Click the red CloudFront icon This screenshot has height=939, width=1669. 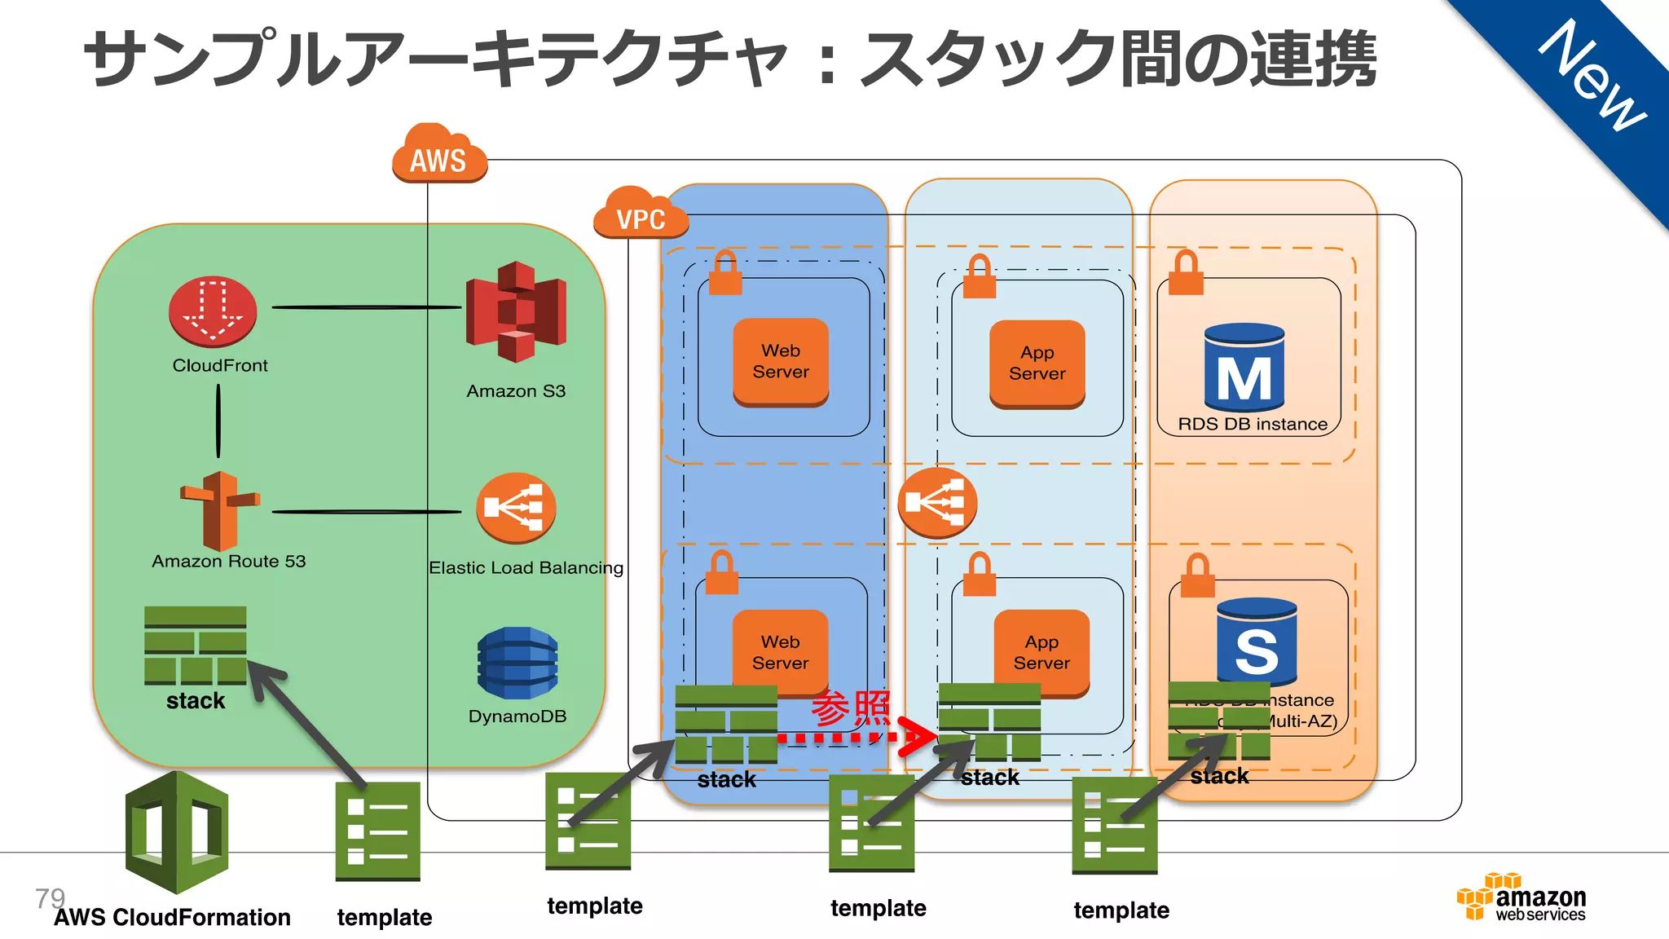coord(213,312)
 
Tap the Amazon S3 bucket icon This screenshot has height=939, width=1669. coord(516,312)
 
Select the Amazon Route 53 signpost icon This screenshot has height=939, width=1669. coord(219,511)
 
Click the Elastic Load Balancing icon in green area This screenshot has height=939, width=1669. coord(516,508)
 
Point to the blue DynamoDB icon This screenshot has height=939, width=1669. coord(517,663)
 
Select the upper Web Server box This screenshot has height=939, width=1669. coord(781,361)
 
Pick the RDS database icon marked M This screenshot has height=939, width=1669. coord(1244,368)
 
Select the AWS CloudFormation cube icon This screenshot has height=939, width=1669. coord(177,833)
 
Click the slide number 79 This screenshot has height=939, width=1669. coord(50,898)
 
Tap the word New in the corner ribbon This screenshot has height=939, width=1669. coord(1592,75)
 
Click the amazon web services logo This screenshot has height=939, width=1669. coord(1521,898)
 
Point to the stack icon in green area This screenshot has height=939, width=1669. coord(195,645)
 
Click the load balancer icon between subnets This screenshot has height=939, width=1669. coord(937,502)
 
